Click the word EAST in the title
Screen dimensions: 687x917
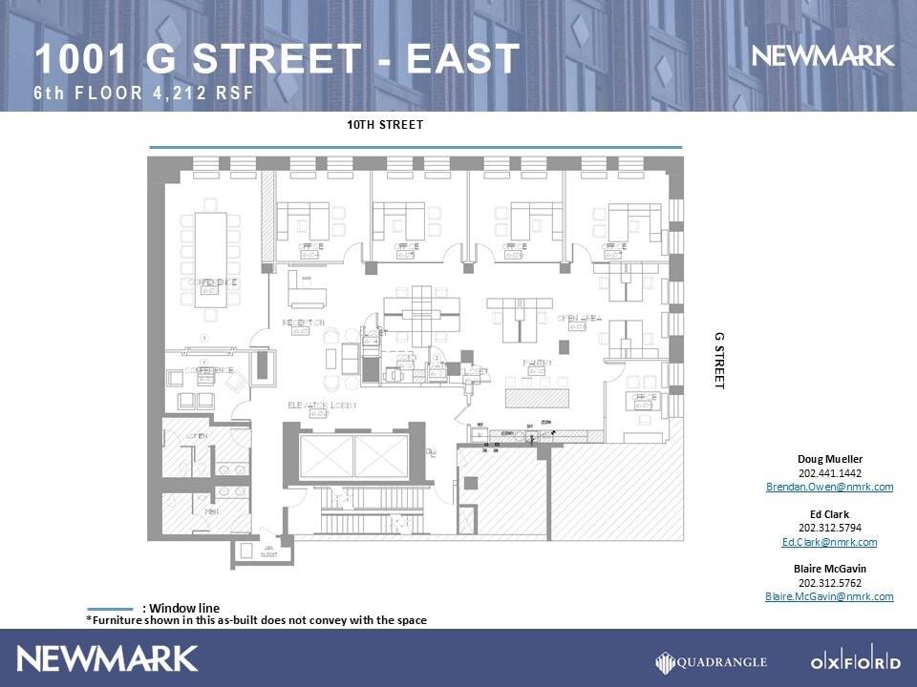point(463,59)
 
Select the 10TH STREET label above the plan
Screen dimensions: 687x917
point(385,125)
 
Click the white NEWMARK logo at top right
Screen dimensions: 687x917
point(822,56)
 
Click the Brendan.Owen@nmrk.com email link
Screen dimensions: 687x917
point(829,487)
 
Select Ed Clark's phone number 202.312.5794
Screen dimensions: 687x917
point(829,529)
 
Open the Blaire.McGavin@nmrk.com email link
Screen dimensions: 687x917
point(829,596)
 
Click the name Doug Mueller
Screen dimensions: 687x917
point(829,459)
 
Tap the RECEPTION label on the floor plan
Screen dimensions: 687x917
point(304,323)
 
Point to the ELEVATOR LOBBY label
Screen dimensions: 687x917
point(323,406)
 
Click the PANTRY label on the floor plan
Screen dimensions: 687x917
point(538,364)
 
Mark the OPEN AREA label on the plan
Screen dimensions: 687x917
point(579,319)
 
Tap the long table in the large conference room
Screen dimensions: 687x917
point(211,259)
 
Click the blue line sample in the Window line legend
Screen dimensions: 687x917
point(110,609)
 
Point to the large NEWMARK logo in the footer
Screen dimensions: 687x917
point(107,658)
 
